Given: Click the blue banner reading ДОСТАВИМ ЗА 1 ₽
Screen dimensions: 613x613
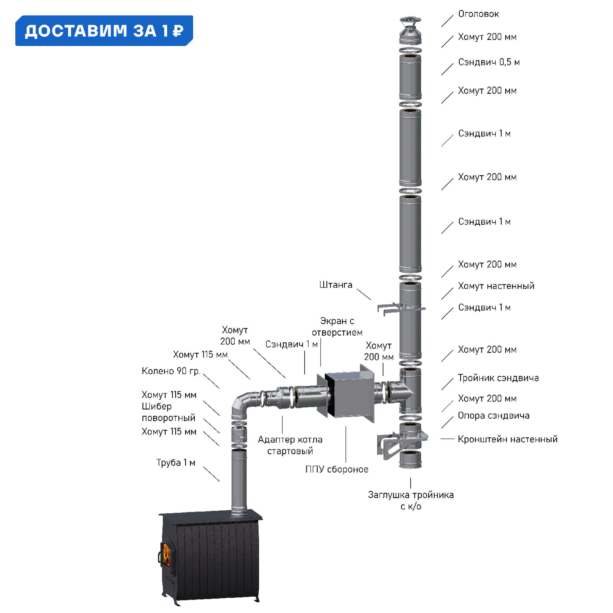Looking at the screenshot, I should click(x=104, y=31).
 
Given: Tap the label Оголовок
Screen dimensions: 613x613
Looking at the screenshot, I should click(x=478, y=14).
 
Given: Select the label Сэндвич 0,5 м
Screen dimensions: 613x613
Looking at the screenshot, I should click(x=489, y=62).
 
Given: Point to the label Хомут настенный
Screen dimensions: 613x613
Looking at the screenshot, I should click(x=496, y=286).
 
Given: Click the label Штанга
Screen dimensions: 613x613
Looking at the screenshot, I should click(x=336, y=285).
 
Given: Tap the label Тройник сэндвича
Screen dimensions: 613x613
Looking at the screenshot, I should click(x=498, y=378).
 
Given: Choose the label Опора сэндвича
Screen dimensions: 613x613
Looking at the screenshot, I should click(x=493, y=415).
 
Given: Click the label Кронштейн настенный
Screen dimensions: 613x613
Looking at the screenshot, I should click(x=507, y=439).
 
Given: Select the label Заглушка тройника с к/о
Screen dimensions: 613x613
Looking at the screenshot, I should click(x=411, y=501).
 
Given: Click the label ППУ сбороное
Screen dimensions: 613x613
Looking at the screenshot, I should click(x=337, y=469).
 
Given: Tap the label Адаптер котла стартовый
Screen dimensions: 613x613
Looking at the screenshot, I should click(x=290, y=445).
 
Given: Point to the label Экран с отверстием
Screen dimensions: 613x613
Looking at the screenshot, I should click(x=337, y=326).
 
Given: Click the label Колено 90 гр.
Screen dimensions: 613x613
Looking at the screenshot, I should click(x=171, y=371).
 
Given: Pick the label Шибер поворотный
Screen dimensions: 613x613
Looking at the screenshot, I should click(x=168, y=412).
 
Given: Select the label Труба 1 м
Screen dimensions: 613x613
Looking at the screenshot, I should click(x=175, y=463).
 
